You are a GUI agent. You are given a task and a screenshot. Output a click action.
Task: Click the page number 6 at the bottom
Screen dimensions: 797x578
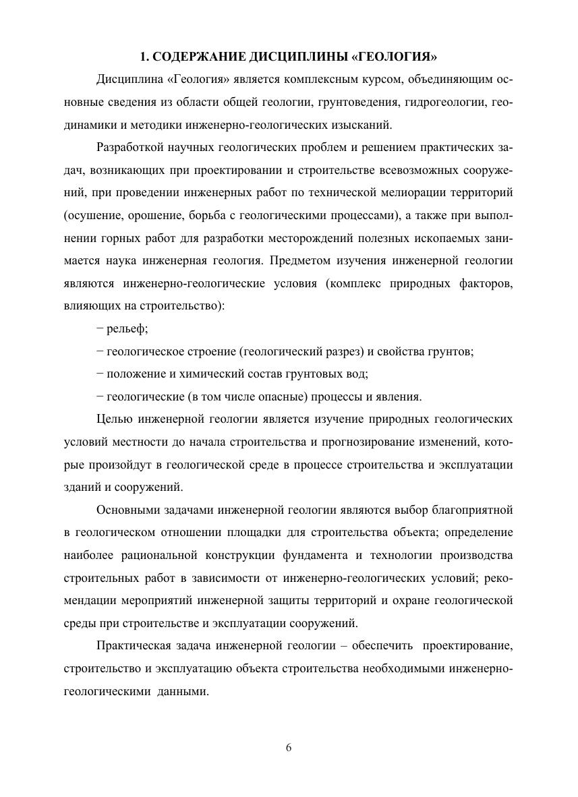[289, 747]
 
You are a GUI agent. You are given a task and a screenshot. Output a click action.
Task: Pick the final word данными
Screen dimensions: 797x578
[183, 692]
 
